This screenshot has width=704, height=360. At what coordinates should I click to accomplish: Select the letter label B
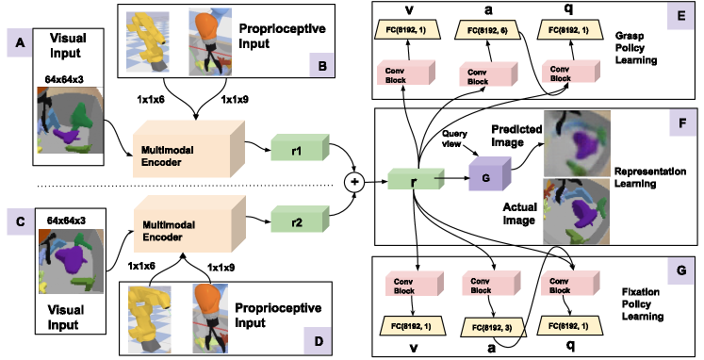(x=322, y=65)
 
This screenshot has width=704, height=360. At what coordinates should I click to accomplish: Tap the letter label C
(x=21, y=221)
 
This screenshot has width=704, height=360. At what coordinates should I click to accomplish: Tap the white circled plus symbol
(x=354, y=182)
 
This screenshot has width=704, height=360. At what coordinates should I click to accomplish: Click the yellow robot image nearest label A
(x=148, y=41)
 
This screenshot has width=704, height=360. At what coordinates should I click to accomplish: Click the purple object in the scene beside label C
(x=70, y=255)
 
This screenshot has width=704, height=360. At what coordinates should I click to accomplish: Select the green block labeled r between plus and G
(x=415, y=179)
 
